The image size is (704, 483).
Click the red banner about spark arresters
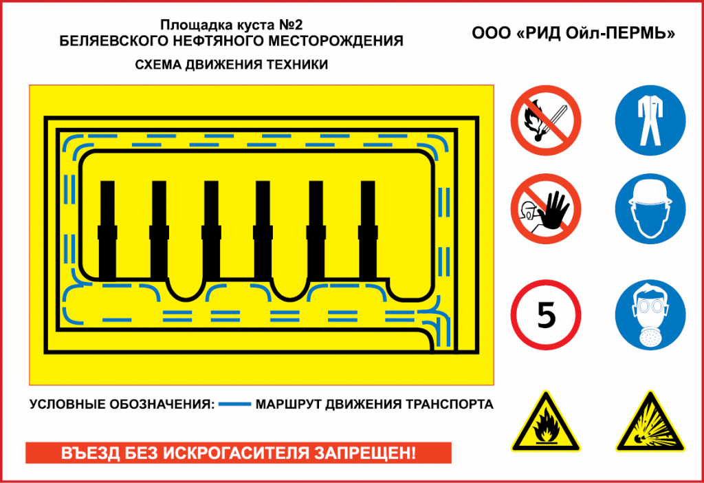238,453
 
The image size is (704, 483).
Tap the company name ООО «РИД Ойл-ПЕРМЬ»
573,32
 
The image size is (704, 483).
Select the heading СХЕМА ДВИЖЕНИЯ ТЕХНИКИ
231,65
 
